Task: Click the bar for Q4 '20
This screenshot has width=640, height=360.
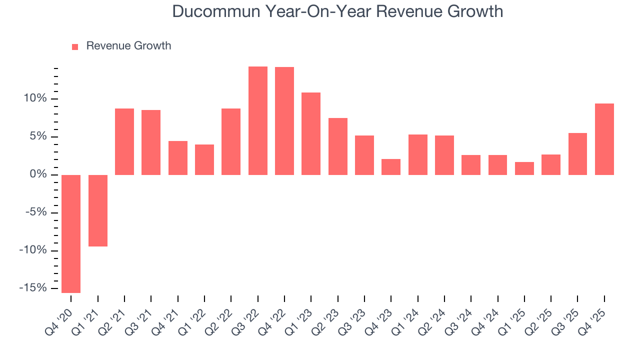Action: [71, 233]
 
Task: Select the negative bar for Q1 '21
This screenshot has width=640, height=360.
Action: [98, 210]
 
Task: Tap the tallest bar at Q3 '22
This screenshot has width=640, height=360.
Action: [258, 120]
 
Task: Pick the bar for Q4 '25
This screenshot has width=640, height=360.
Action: [604, 139]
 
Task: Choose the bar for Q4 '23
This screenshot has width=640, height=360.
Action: [391, 166]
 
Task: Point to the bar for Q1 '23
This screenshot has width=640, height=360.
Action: [311, 133]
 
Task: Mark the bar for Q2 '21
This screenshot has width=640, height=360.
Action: [124, 141]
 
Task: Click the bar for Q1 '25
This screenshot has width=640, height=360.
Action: [524, 168]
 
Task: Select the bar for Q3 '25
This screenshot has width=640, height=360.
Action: [577, 153]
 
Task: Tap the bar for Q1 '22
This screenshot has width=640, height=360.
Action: [204, 159]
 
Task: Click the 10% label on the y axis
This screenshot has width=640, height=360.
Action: [35, 98]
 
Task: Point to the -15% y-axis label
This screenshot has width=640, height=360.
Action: [33, 288]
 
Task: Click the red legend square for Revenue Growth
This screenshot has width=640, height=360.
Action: [75, 46]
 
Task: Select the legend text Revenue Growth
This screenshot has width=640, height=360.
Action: [128, 46]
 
